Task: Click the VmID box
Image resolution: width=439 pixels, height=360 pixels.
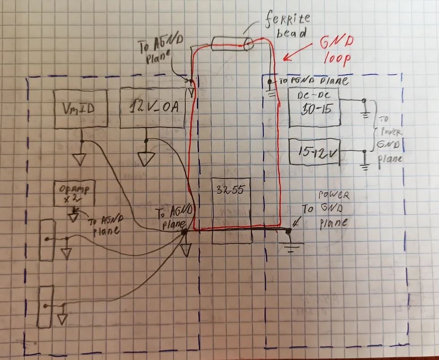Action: [80, 109]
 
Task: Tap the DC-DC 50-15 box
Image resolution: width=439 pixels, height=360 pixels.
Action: [314, 107]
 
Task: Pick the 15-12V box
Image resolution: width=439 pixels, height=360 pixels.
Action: [315, 152]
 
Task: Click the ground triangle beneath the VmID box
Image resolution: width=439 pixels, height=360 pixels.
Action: [82, 158]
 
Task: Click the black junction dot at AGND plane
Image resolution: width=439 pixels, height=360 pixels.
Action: [184, 232]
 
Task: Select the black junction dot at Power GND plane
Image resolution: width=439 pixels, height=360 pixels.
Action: [288, 231]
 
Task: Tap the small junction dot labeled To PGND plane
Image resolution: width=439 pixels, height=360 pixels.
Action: [270, 81]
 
